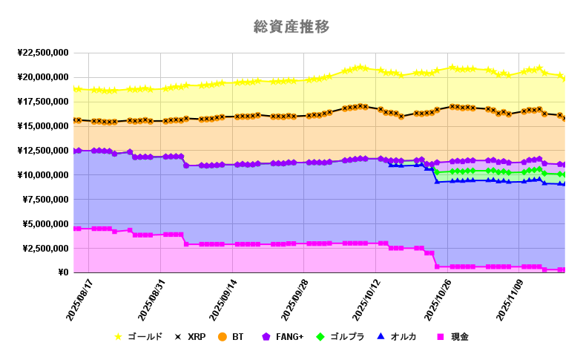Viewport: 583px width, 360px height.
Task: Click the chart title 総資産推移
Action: pyautogui.click(x=291, y=27)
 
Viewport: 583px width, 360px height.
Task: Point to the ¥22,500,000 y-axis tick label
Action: pyautogui.click(x=42, y=53)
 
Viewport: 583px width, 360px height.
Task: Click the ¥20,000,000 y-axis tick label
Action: pyautogui.click(x=42, y=77)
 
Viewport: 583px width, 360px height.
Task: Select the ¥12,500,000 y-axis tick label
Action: pyautogui.click(x=42, y=151)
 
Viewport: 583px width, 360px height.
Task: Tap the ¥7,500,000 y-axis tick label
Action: pyautogui.click(x=45, y=200)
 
